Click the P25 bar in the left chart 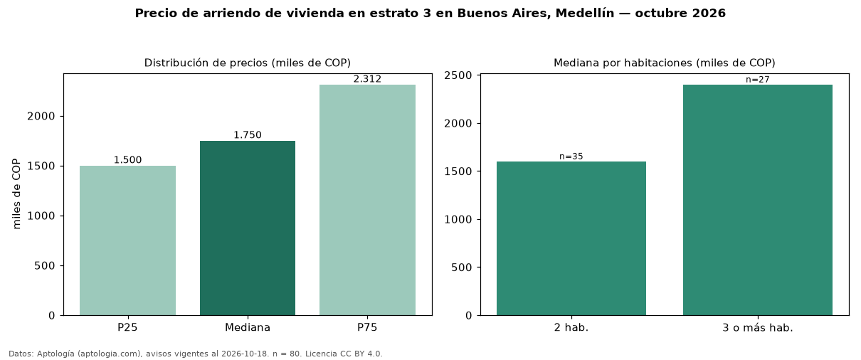[x=127, y=240]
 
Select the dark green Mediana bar [x=248, y=228]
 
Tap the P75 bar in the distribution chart [x=367, y=200]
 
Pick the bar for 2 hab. [x=571, y=238]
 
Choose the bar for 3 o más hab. [x=758, y=200]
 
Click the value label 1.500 [x=127, y=160]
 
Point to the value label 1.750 [x=248, y=135]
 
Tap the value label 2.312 [x=367, y=79]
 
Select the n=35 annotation [x=571, y=157]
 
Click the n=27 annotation [x=758, y=80]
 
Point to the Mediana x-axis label [x=248, y=327]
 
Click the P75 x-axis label [x=367, y=327]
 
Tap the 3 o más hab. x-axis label [x=758, y=328]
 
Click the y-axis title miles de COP [x=16, y=194]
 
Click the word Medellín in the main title [x=585, y=13]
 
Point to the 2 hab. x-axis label [x=571, y=328]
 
